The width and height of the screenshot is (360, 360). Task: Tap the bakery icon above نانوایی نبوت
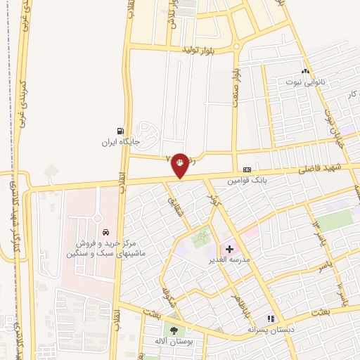point(304,71)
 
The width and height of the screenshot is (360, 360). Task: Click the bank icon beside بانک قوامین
point(247,169)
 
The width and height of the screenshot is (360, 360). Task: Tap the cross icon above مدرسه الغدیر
point(229,249)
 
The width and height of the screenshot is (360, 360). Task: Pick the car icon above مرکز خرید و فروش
point(105,232)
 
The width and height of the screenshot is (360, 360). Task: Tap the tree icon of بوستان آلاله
point(173,330)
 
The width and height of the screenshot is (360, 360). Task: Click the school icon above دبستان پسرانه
point(271,319)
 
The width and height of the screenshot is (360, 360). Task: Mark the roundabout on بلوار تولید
point(237,49)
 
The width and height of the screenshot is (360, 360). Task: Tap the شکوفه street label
point(167,295)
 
